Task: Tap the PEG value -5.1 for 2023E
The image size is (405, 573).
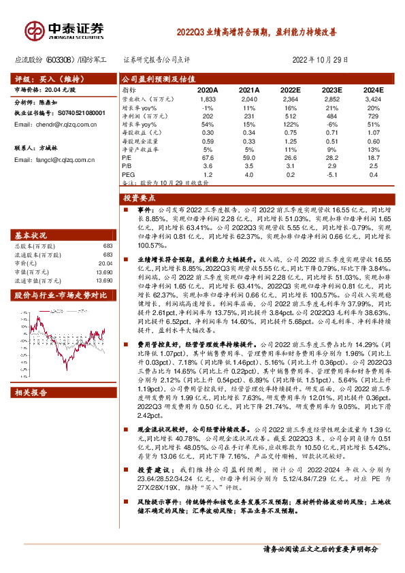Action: click(331, 175)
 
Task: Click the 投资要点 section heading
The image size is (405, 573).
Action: click(136, 197)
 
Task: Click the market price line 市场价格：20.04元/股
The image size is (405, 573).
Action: click(45, 89)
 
